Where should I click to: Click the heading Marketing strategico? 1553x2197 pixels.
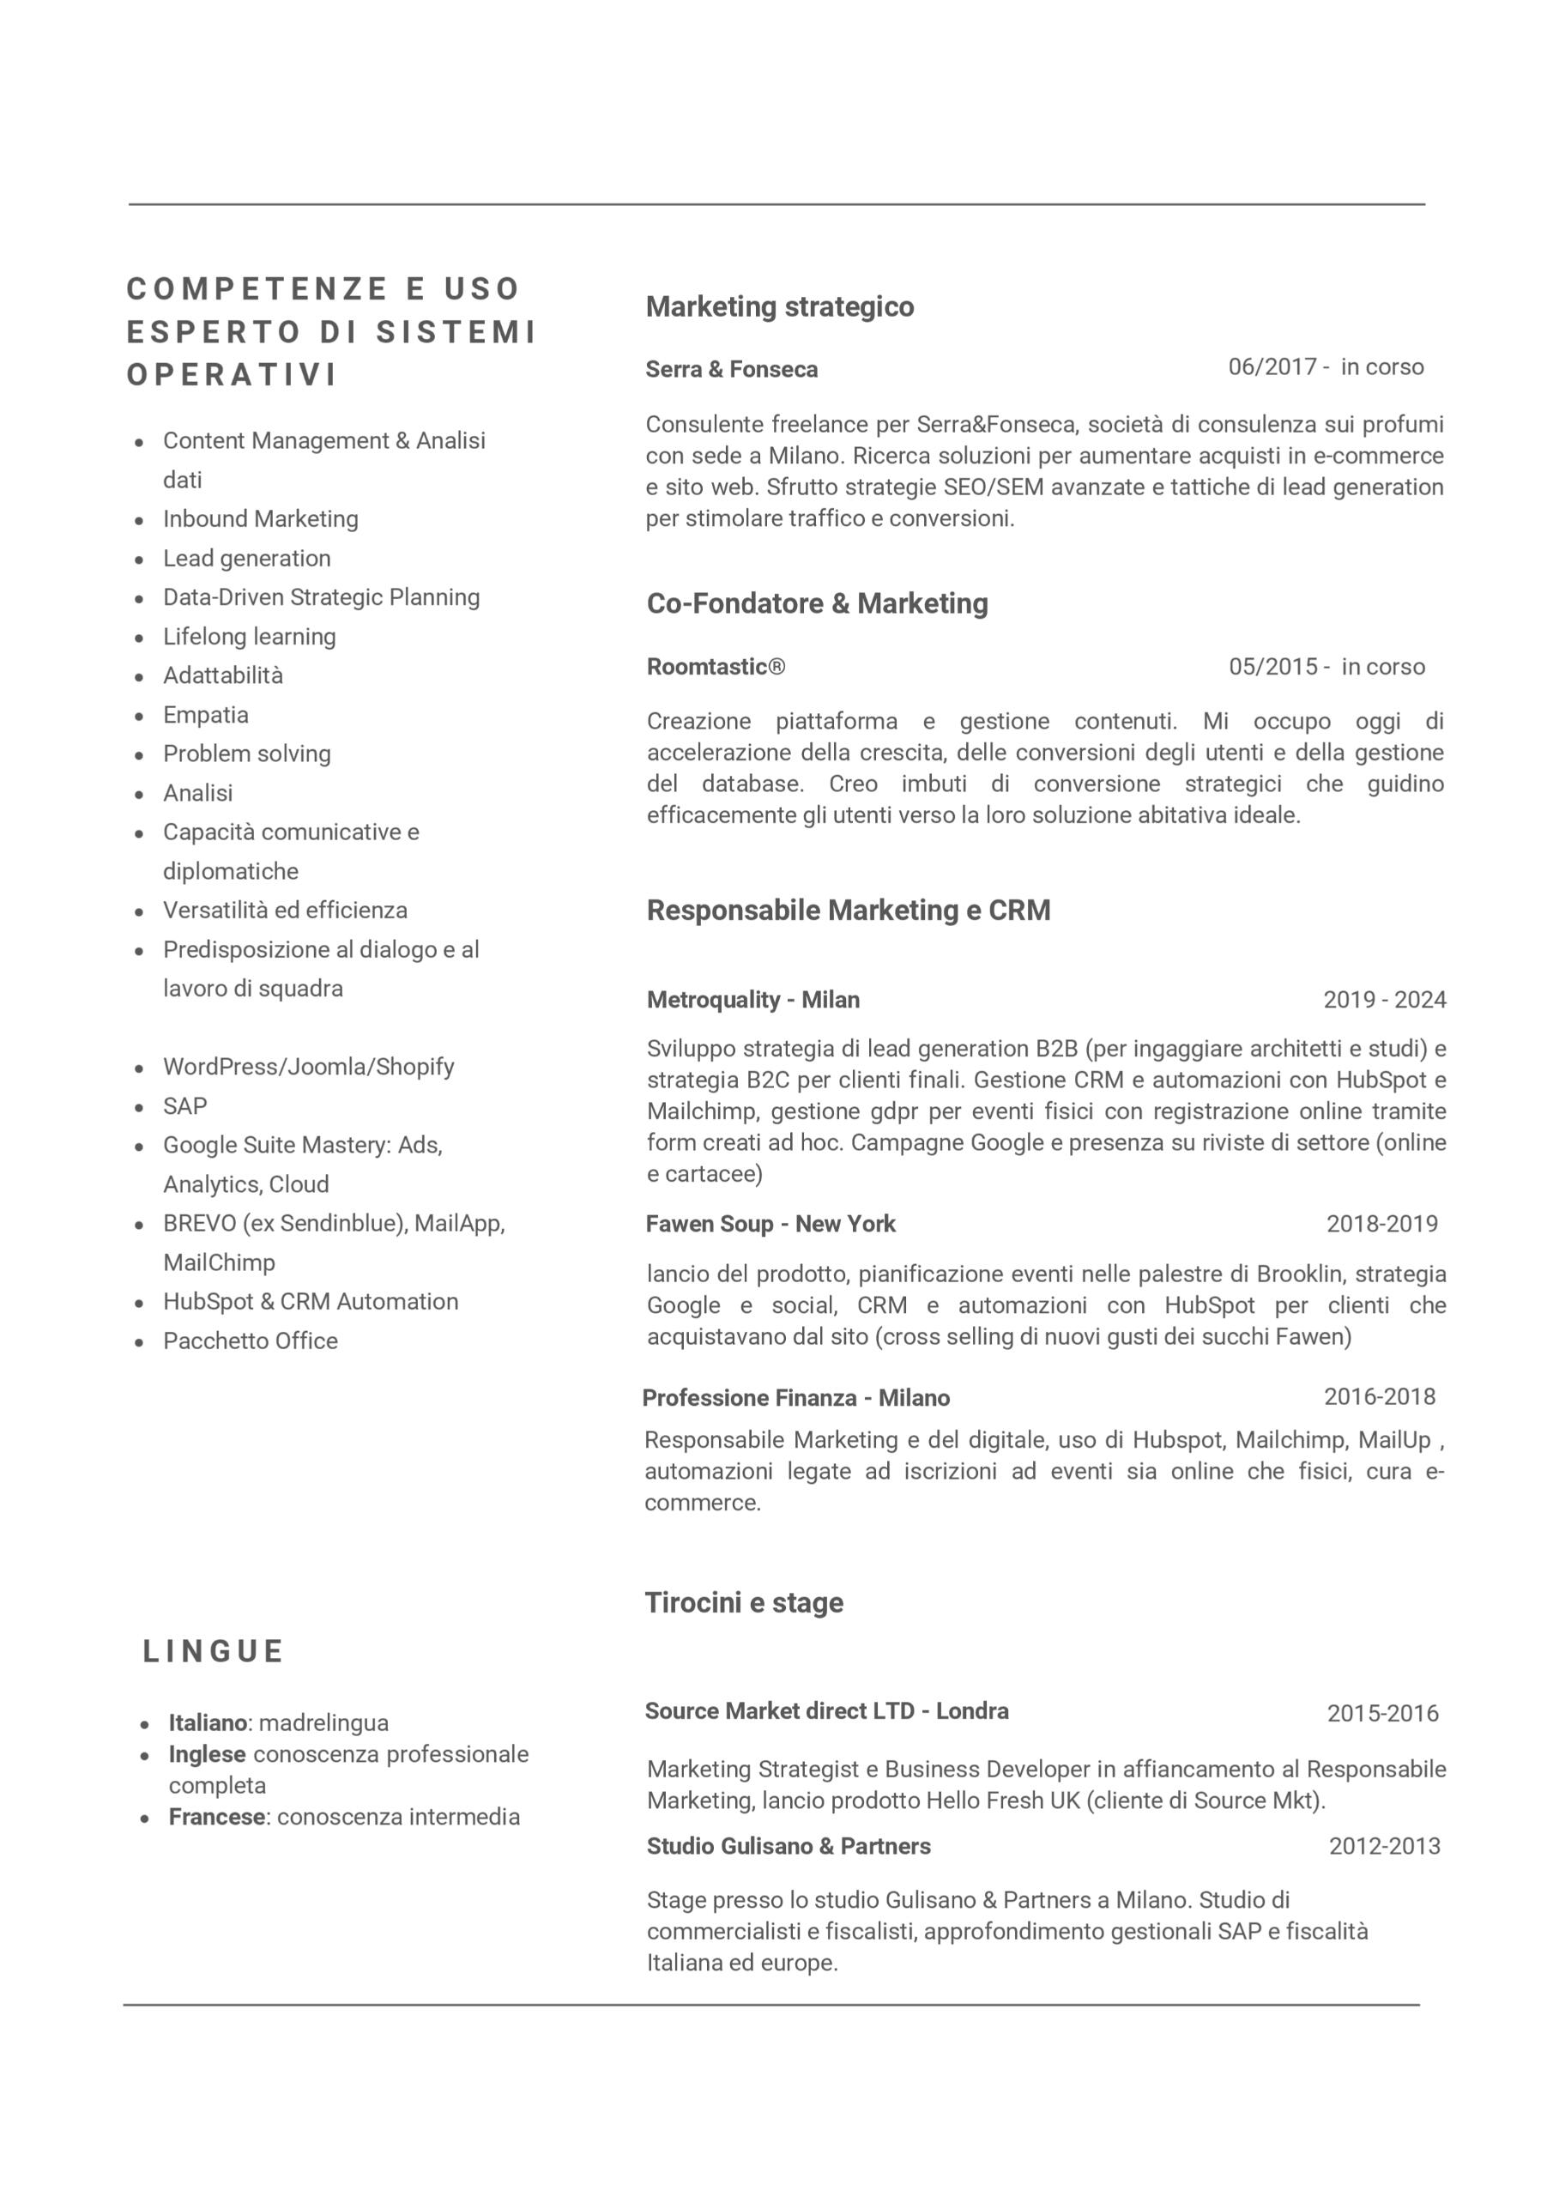[x=780, y=307]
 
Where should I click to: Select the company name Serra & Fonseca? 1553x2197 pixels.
[x=731, y=369]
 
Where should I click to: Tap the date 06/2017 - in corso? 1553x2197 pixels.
[x=1326, y=367]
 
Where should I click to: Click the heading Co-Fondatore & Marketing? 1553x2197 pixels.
[x=817, y=604]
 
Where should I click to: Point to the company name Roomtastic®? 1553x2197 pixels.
[x=716, y=667]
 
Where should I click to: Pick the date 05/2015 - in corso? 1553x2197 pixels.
[x=1326, y=667]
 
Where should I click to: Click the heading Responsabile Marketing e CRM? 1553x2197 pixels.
[x=848, y=910]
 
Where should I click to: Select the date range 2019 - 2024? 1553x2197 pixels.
[x=1384, y=1000]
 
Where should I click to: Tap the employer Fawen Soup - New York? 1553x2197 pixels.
[x=770, y=1224]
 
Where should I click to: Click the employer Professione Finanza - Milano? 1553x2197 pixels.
[x=795, y=1398]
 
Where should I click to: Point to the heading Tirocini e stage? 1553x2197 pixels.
[x=744, y=1603]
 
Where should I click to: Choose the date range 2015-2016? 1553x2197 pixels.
[x=1381, y=1713]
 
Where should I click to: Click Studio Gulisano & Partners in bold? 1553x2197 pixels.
[x=788, y=1846]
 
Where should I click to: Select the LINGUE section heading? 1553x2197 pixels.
[x=214, y=1651]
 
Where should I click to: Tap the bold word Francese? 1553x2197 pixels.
[x=216, y=1817]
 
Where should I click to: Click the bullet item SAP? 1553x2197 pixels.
[x=184, y=1106]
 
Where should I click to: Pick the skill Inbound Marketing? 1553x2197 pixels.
[x=260, y=518]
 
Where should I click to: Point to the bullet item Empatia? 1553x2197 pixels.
[x=206, y=715]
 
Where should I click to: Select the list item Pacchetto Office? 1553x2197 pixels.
[x=250, y=1341]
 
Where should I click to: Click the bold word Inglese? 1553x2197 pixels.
[x=208, y=1754]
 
